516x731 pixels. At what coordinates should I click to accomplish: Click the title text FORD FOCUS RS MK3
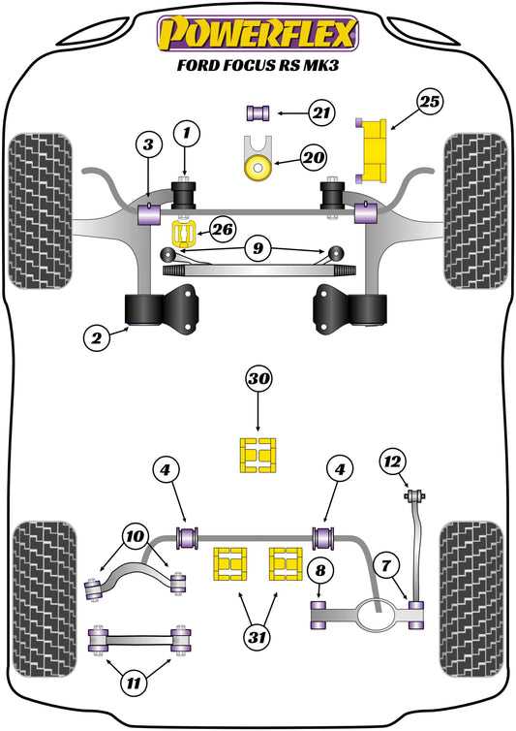(x=258, y=68)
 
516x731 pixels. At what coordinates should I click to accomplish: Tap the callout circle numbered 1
(x=188, y=130)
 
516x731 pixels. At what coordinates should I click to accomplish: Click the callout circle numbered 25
(x=430, y=101)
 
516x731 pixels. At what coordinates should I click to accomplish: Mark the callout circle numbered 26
(x=222, y=230)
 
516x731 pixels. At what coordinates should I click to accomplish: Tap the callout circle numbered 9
(x=258, y=249)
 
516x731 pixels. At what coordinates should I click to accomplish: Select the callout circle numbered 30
(x=258, y=379)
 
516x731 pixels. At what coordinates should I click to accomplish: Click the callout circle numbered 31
(x=258, y=639)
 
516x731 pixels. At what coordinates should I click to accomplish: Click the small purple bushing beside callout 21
(x=260, y=112)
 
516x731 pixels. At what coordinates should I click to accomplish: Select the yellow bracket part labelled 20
(x=258, y=162)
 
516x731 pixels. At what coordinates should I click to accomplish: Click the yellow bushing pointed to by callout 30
(x=258, y=456)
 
